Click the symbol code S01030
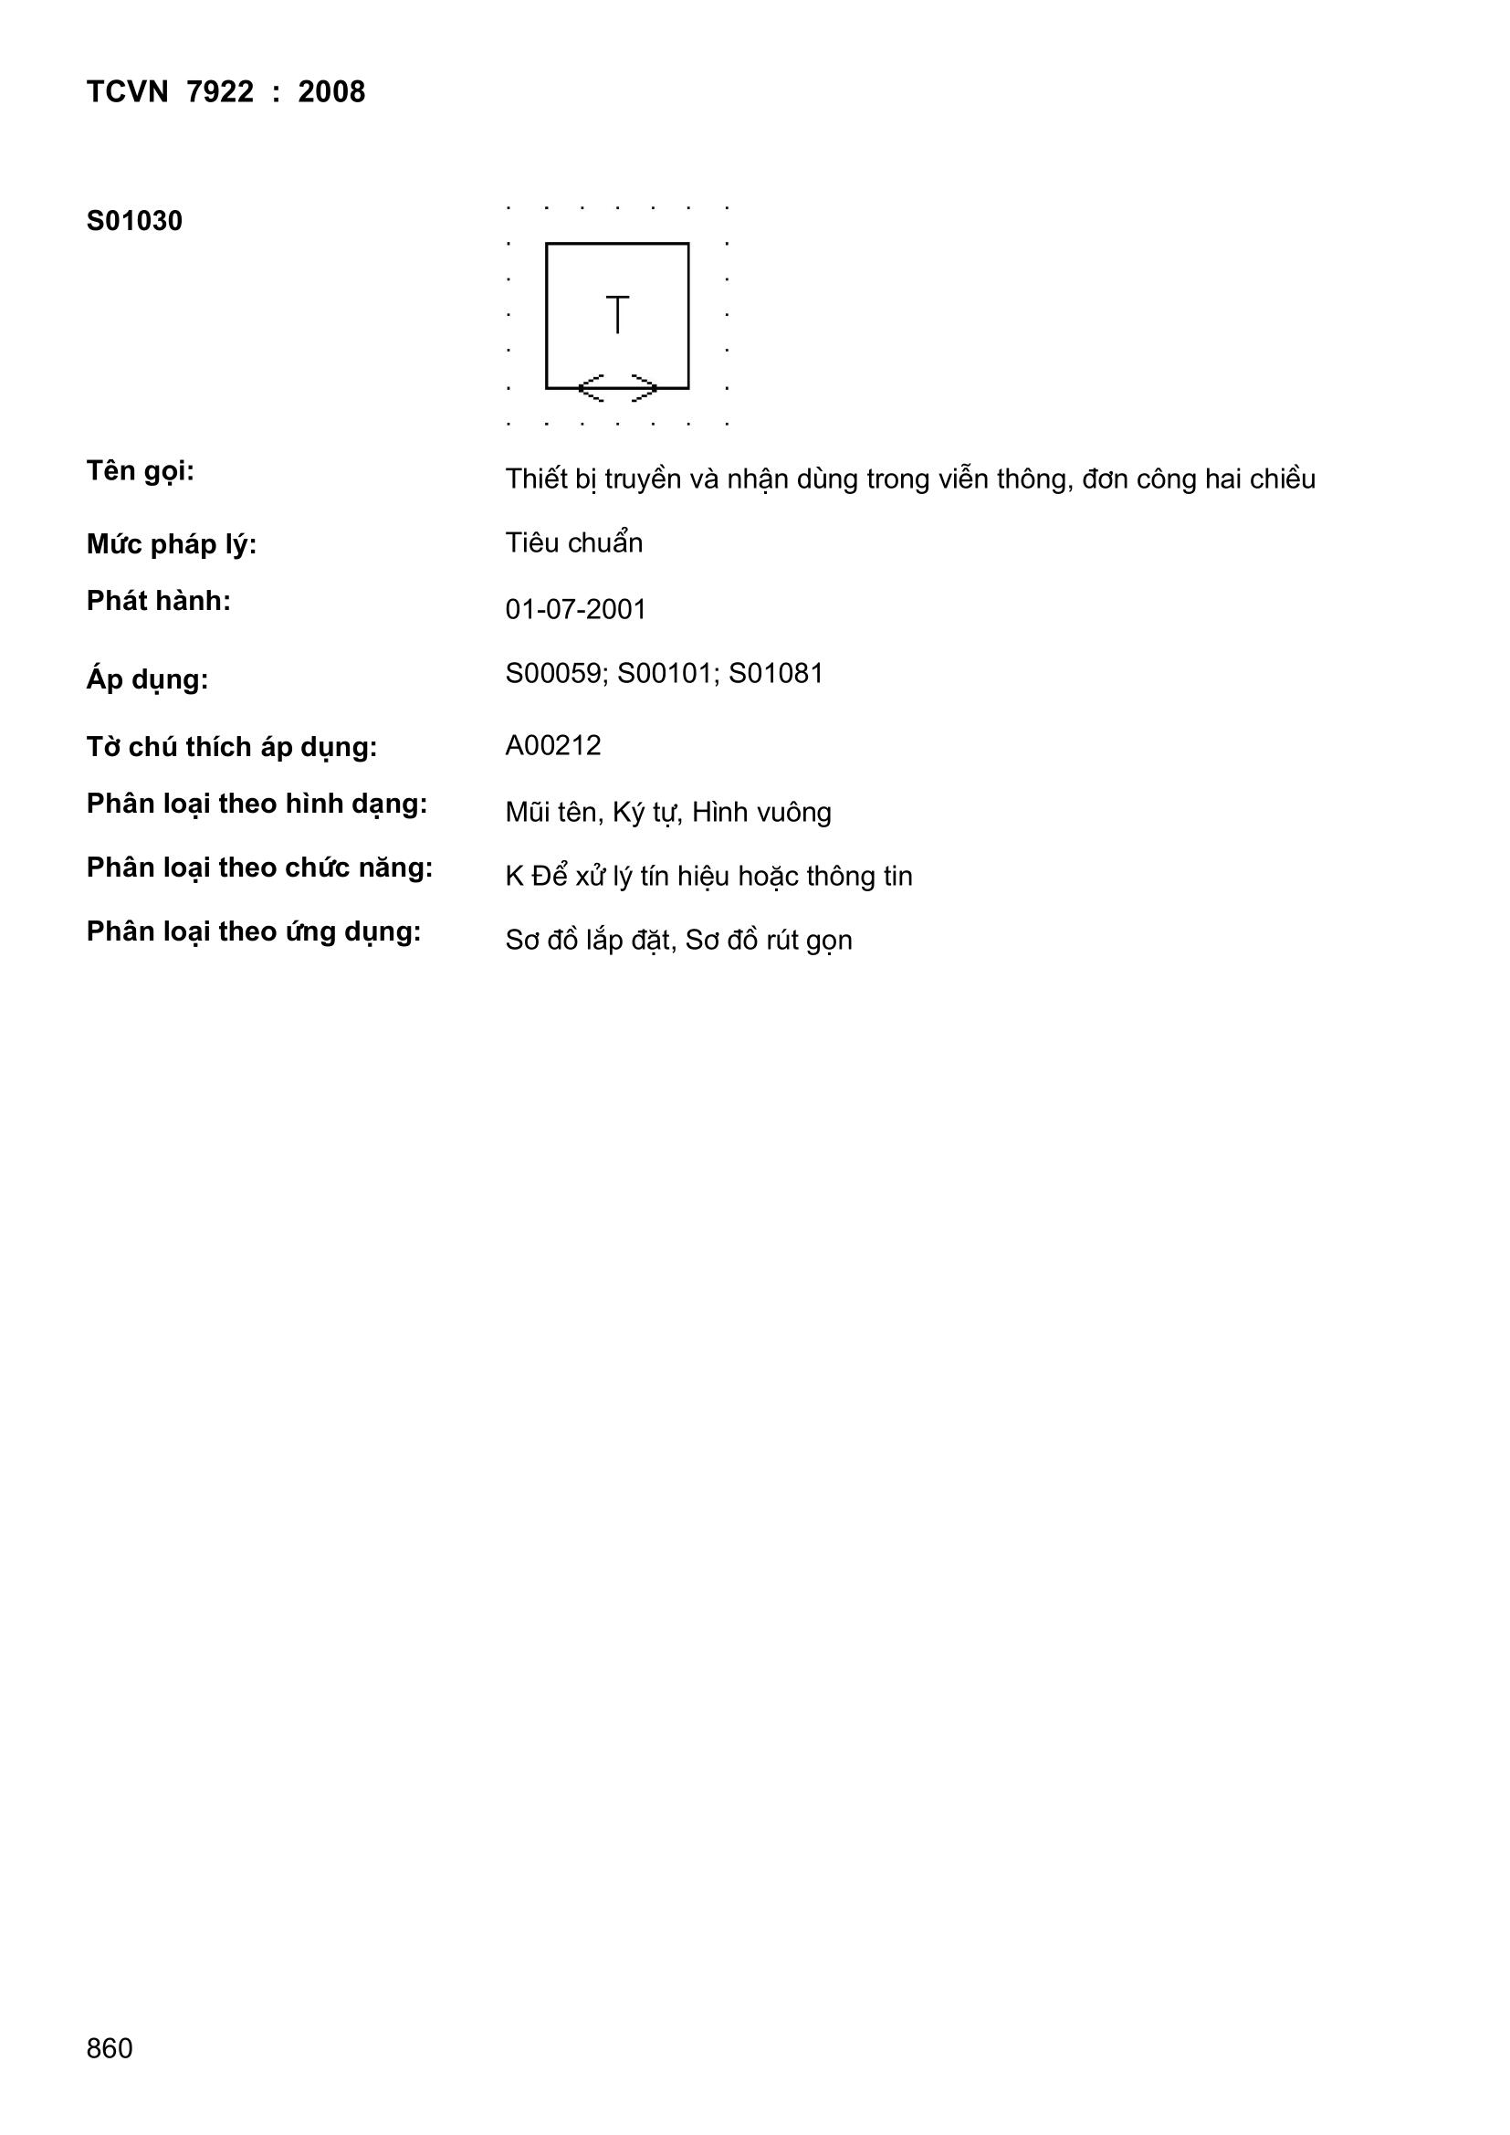[134, 221]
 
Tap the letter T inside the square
[617, 314]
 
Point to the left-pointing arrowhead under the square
[592, 388]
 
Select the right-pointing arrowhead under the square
[645, 388]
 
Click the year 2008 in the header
[331, 92]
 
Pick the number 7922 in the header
[219, 92]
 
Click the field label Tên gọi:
[141, 472]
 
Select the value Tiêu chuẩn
[573, 543]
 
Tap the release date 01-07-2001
[575, 610]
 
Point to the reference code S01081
[776, 673]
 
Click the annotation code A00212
[553, 746]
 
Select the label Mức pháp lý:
[171, 545]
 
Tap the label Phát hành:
[158, 602]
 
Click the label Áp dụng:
[147, 679]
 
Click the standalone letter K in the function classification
[514, 877]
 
